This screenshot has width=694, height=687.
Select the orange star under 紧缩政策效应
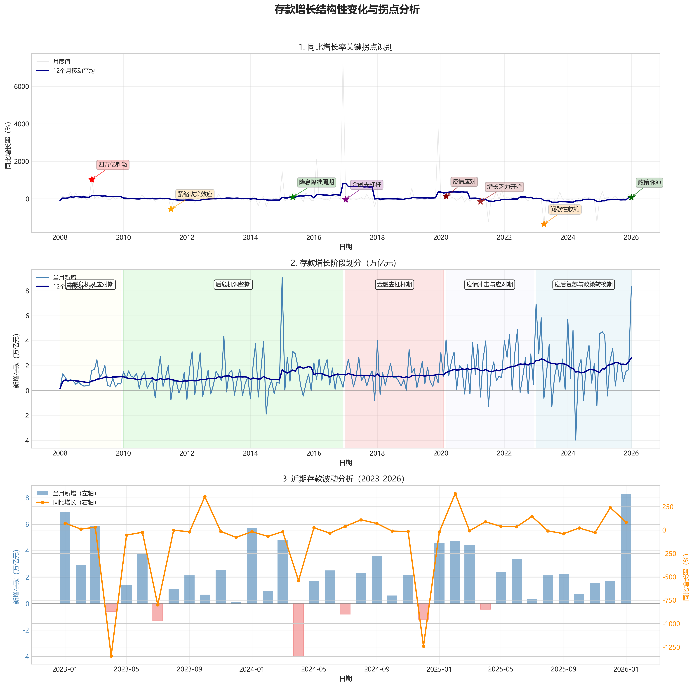pyautogui.click(x=171, y=209)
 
